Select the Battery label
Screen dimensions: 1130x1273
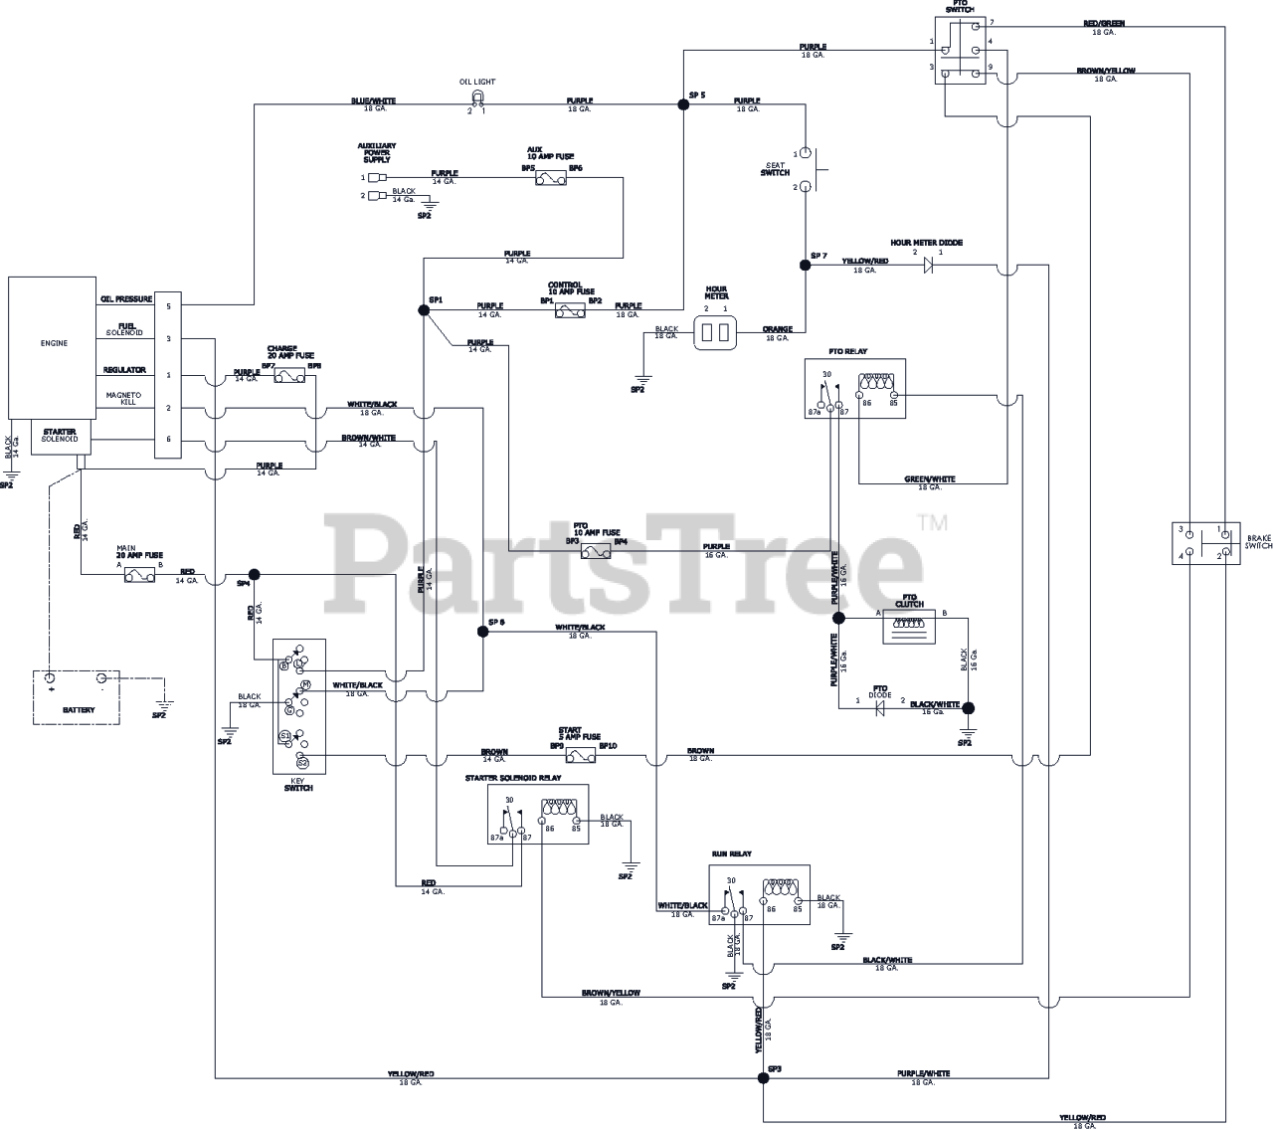pyautogui.click(x=79, y=709)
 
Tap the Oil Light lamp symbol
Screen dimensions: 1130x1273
pyautogui.click(x=477, y=97)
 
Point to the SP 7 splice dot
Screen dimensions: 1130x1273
pyautogui.click(x=805, y=266)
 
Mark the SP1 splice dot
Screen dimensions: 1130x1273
pyautogui.click(x=424, y=310)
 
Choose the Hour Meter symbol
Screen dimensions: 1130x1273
pyautogui.click(x=716, y=335)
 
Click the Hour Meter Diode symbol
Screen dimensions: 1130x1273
pyautogui.click(x=928, y=266)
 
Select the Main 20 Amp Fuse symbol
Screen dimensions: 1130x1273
pyautogui.click(x=139, y=574)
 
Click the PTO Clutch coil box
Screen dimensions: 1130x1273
pyautogui.click(x=909, y=628)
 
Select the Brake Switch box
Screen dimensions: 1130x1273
pyautogui.click(x=1204, y=543)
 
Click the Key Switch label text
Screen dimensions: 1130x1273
pyautogui.click(x=298, y=784)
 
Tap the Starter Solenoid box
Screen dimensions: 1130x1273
pyautogui.click(x=61, y=439)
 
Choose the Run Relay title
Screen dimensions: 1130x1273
pyautogui.click(x=732, y=853)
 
